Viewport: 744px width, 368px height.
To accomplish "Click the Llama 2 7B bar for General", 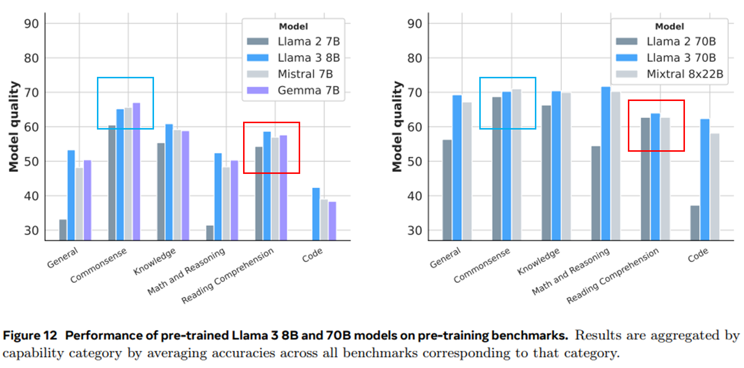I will pyautogui.click(x=63, y=230).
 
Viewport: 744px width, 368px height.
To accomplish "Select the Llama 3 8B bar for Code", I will pyautogui.click(x=316, y=214).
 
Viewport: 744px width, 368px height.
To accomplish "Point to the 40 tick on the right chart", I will pyautogui.click(x=417, y=196).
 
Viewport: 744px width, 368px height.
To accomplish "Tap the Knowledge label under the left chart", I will pyautogui.click(x=155, y=262).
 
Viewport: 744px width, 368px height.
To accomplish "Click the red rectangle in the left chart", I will pyautogui.click(x=272, y=123).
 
